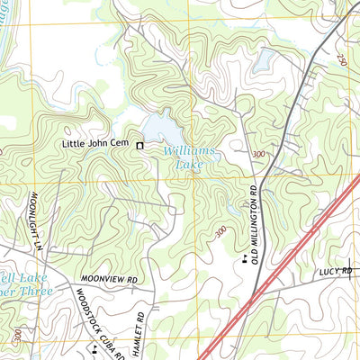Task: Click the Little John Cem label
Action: point(96,143)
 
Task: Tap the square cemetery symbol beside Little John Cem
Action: point(140,143)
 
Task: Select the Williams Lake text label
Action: point(190,158)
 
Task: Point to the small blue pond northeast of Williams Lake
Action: point(264,61)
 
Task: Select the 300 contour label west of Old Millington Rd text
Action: point(221,231)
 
